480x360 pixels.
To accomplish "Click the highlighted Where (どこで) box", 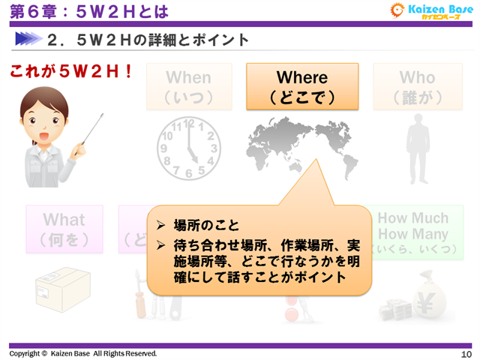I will pos(302,87).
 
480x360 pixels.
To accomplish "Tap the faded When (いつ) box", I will pos(189,87).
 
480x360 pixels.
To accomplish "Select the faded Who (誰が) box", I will pos(417,87).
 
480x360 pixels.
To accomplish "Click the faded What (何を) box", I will pos(64,229).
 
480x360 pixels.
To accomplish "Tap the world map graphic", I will pos(302,146).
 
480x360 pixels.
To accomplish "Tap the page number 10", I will pos(466,353).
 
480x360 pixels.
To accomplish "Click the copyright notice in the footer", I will pos(83,353).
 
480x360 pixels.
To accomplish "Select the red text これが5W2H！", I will pos(71,73).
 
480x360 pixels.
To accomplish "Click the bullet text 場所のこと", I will pos(206,224).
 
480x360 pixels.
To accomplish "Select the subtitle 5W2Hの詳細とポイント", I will pos(147,39).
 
